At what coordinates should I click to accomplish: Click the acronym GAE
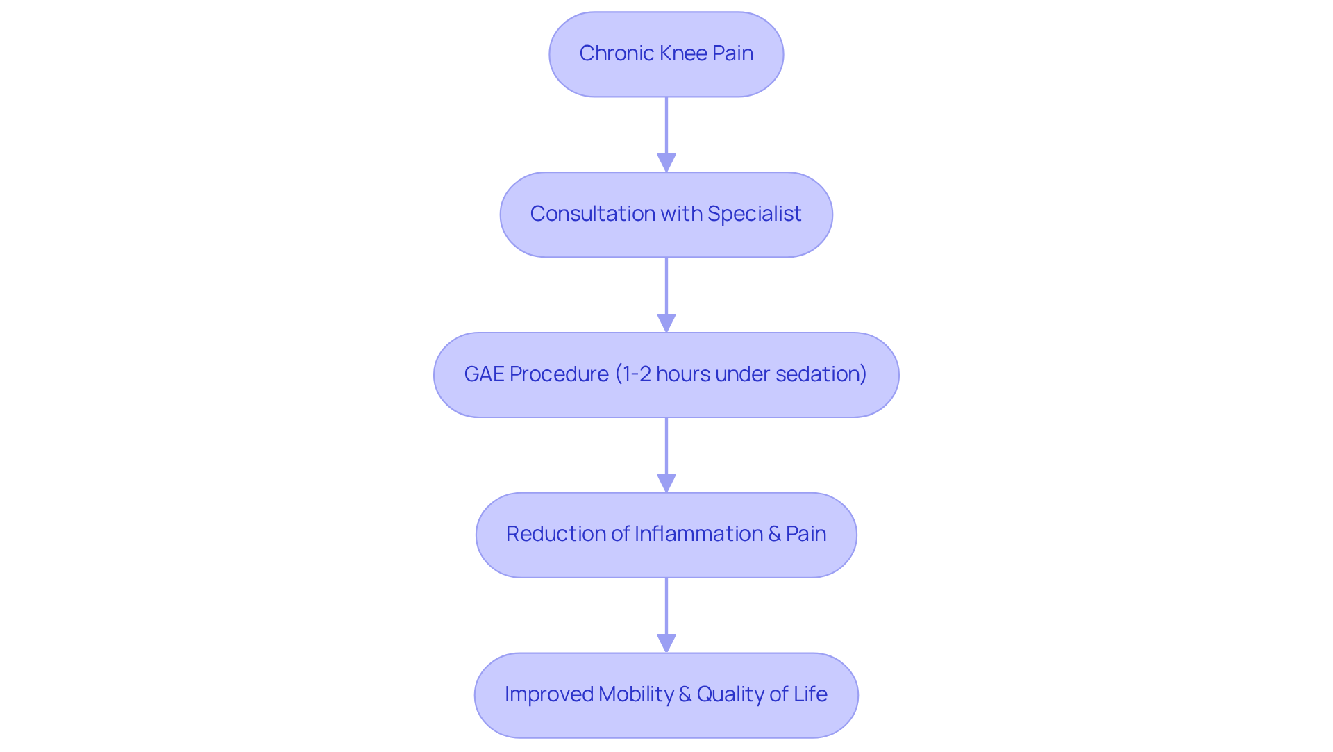[484, 374]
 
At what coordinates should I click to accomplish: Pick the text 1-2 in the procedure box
[637, 374]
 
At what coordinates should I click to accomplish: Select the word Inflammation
[698, 534]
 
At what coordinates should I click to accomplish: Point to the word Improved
[548, 694]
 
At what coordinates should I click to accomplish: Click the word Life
[810, 694]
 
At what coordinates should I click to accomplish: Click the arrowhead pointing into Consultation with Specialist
[666, 163]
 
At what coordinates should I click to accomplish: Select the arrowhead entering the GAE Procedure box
[666, 324]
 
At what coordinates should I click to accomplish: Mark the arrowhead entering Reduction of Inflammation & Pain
[666, 484]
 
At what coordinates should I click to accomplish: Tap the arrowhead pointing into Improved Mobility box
[666, 644]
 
